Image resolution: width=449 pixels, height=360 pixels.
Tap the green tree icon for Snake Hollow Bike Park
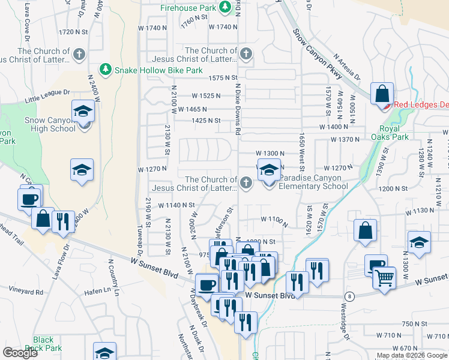(106, 70)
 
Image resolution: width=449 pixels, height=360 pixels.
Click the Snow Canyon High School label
(50, 124)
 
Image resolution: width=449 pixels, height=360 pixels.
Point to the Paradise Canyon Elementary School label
(313, 182)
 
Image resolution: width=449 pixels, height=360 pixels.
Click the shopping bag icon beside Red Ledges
(382, 94)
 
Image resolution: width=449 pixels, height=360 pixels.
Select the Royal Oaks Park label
(394, 133)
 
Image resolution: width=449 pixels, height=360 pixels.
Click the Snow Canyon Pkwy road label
(318, 54)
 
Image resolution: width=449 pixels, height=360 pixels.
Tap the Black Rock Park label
(47, 344)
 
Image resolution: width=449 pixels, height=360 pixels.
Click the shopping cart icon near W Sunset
(385, 278)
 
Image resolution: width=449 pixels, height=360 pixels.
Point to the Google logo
(20, 353)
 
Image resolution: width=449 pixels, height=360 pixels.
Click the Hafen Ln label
(99, 291)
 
